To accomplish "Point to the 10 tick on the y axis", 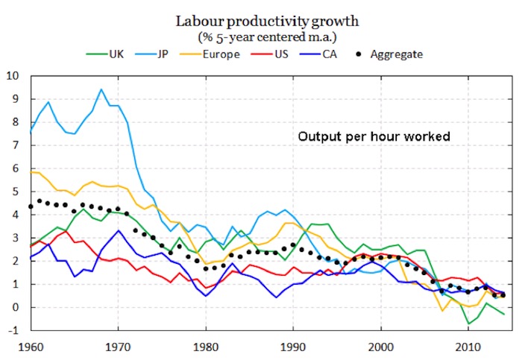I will point(12,76).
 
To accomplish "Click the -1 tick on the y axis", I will point(13,331).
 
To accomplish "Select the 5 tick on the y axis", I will point(15,192).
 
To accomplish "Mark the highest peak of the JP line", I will point(101,89).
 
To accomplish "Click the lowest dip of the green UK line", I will point(468,323).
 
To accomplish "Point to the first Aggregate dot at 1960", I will point(30,206).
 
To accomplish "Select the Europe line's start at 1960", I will point(30,172).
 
